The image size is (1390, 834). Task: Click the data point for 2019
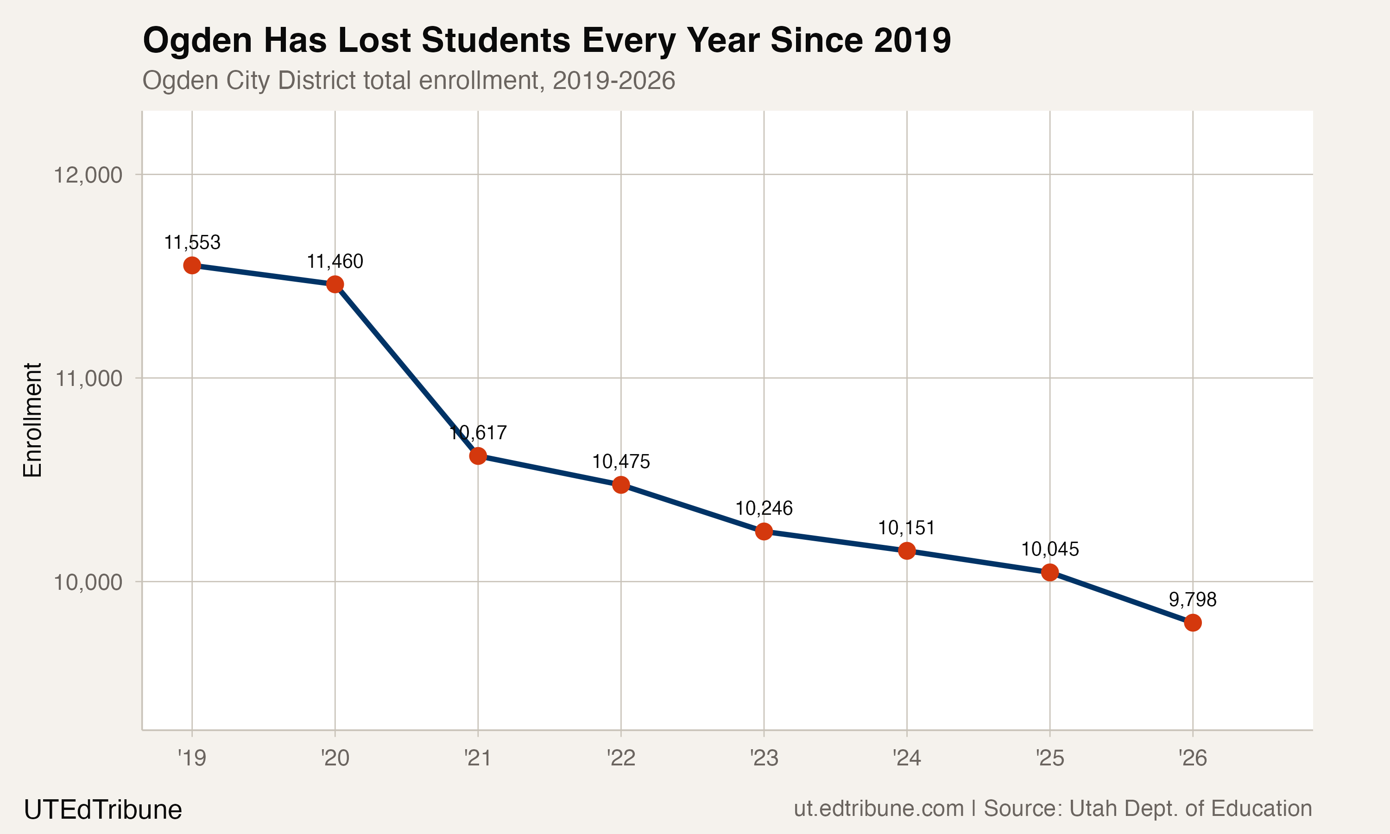(x=192, y=265)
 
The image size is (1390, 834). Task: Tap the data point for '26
(x=1192, y=623)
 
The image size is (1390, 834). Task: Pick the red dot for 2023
(x=764, y=531)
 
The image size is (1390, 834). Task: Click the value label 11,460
(x=335, y=261)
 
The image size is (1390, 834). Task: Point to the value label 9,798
(x=1192, y=600)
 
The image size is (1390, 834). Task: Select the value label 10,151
(x=906, y=528)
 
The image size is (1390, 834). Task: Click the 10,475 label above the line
(x=621, y=461)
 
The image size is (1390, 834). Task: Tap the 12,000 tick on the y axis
(x=88, y=175)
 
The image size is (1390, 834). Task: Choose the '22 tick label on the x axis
(x=621, y=758)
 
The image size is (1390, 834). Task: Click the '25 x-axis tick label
(x=1049, y=758)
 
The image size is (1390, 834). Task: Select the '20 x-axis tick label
(x=335, y=758)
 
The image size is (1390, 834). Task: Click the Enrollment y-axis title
(x=32, y=420)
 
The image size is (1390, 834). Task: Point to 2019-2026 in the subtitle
(x=613, y=80)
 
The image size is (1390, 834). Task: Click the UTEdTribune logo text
(x=103, y=810)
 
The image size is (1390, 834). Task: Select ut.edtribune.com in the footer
(x=878, y=809)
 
